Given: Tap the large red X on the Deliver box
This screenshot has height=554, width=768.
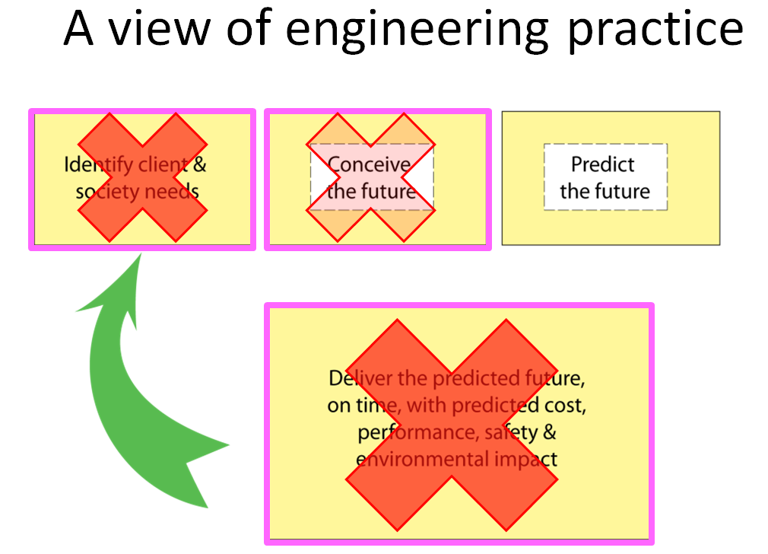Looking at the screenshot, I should click(452, 423).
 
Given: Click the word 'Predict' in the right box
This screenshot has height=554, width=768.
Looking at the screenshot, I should click(603, 164).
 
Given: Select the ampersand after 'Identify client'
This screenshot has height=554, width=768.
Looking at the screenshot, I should click(200, 164).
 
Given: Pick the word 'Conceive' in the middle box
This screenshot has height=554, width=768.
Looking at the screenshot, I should click(370, 164).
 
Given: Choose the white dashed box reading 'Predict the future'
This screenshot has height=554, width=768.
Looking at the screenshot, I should click(605, 177).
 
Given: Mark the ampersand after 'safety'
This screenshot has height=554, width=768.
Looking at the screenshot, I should click(549, 432).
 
